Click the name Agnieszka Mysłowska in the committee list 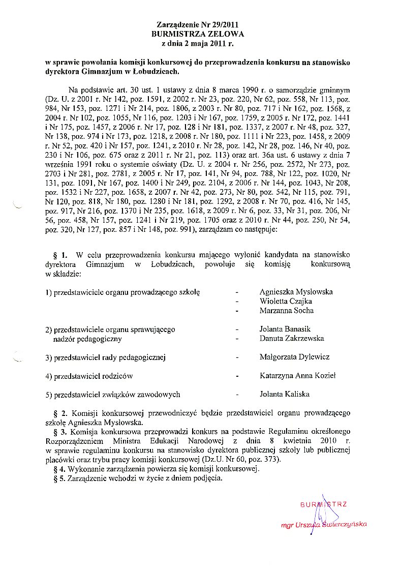point(296,292)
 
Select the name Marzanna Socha point(286,310)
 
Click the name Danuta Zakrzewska point(291,338)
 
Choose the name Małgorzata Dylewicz point(294,357)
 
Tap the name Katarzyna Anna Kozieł point(297,376)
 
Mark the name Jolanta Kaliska point(284,394)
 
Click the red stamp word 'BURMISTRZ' point(324,504)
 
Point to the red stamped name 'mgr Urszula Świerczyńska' point(324,525)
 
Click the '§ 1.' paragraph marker point(60,254)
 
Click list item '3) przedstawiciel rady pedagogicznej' point(106,357)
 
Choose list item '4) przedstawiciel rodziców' point(89,376)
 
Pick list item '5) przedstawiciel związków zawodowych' point(112,394)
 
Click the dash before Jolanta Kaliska point(237,395)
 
